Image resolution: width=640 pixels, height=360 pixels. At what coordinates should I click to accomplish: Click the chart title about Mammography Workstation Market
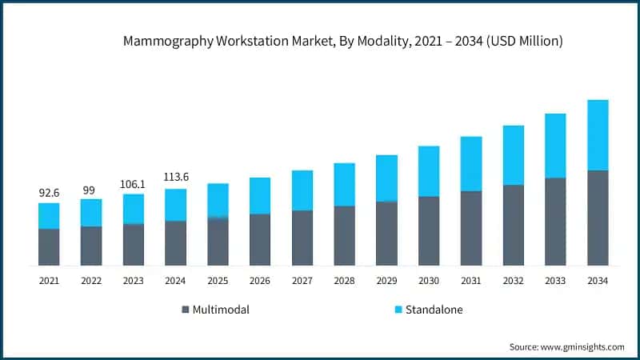click(x=343, y=42)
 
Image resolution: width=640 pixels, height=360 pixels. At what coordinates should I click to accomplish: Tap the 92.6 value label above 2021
click(x=49, y=193)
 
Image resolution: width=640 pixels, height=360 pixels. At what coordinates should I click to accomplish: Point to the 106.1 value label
click(x=134, y=184)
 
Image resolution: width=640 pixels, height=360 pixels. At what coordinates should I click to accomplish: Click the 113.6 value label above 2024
click(x=176, y=178)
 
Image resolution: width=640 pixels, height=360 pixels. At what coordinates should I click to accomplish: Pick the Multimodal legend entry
click(x=216, y=310)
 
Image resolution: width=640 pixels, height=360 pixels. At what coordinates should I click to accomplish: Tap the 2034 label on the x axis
click(x=598, y=281)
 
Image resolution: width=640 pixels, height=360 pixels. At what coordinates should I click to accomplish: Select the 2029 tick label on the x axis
click(x=386, y=281)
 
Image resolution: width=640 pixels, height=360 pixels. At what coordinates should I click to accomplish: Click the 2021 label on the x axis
click(x=49, y=281)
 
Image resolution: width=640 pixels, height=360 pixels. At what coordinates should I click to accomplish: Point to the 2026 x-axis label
click(x=260, y=281)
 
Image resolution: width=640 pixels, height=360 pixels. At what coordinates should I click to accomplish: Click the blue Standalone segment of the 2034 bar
click(x=598, y=135)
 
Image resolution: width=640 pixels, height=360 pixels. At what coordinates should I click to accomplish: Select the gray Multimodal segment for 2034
click(x=598, y=218)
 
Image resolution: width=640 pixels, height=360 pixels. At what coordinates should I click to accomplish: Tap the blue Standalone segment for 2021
click(x=49, y=216)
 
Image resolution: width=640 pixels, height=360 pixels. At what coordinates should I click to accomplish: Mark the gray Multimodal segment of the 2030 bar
click(x=429, y=230)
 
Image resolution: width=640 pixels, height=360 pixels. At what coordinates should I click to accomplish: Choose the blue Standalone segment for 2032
click(x=514, y=155)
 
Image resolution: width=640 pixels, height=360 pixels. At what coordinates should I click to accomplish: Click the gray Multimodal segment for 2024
click(x=176, y=243)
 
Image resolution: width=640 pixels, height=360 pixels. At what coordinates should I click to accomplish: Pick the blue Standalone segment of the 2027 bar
click(x=302, y=190)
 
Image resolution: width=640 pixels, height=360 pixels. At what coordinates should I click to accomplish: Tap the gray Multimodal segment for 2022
click(x=91, y=246)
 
